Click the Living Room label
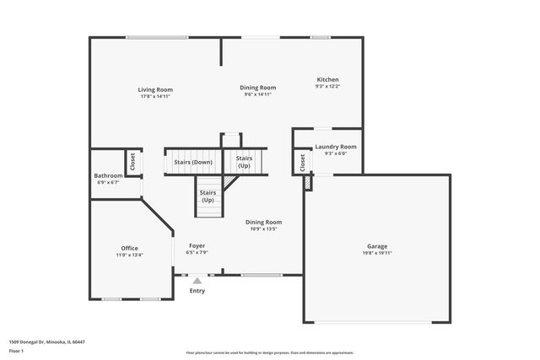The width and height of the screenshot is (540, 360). (155, 89)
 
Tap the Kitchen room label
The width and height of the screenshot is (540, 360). (327, 79)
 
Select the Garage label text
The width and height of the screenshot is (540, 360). (376, 245)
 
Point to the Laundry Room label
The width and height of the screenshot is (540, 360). (336, 147)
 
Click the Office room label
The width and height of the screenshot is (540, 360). (130, 248)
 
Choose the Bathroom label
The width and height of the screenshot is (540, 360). (108, 175)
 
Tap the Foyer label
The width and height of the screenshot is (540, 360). (197, 245)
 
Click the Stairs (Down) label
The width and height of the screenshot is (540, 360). (193, 162)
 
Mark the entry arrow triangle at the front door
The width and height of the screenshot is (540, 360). (197, 281)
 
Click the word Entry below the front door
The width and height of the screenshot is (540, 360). (197, 291)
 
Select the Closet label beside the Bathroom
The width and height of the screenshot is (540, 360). (132, 160)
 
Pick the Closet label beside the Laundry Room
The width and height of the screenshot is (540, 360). (302, 163)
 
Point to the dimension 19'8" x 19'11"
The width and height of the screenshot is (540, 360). (376, 252)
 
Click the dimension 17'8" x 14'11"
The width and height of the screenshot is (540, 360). (155, 96)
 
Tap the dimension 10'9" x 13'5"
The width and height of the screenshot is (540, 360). (263, 228)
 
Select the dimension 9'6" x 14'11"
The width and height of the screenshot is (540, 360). (257, 94)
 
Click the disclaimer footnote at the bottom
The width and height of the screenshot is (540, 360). (269, 352)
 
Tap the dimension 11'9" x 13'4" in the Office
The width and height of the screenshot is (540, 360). (130, 255)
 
